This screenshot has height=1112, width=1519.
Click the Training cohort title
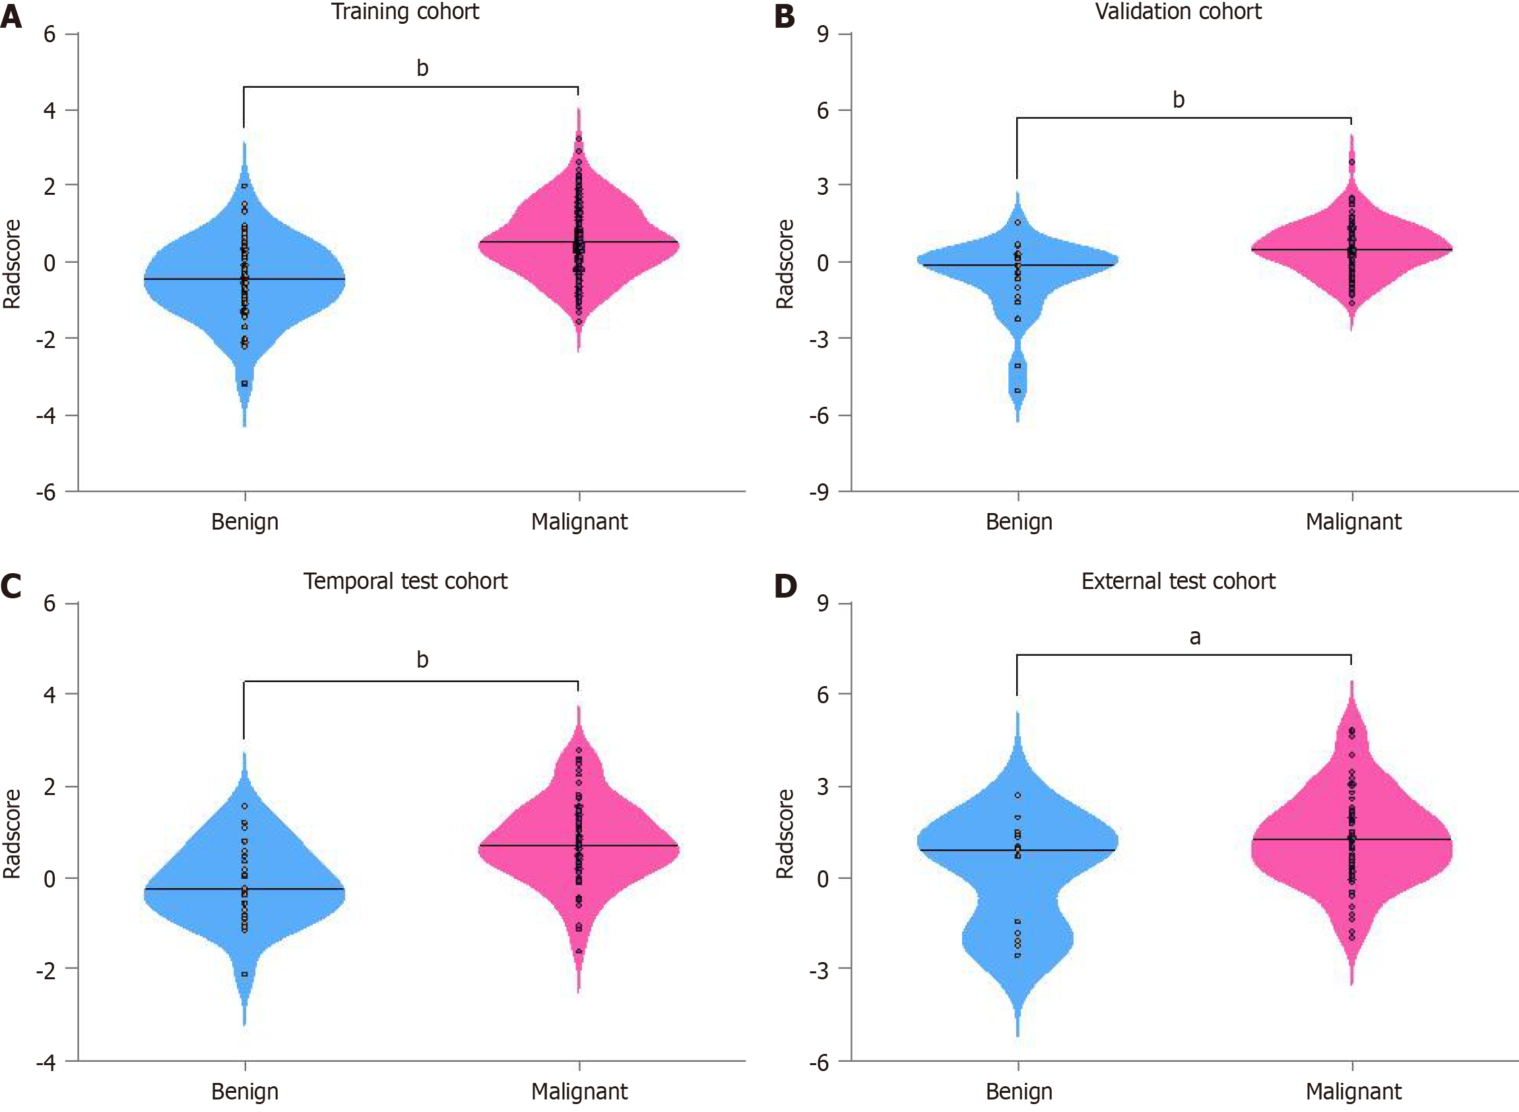click(405, 11)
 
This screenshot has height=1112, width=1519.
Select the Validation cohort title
click(1178, 11)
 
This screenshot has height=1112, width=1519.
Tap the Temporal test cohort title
click(405, 581)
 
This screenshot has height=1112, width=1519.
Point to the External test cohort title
click(1178, 581)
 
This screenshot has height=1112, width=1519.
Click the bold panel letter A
click(11, 16)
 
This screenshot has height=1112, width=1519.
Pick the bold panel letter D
click(785, 586)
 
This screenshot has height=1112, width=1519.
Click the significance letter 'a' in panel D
click(1195, 637)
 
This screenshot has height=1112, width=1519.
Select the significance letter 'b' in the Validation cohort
click(1178, 100)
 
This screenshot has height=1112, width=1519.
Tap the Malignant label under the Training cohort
click(579, 522)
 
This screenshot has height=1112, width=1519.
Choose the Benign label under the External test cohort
click(1019, 1091)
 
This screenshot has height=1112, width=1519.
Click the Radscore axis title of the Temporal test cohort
click(12, 833)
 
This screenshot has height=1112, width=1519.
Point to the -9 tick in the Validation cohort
click(819, 493)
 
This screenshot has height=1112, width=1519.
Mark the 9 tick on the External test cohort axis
click(823, 603)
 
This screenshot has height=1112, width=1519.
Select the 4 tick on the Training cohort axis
click(49, 110)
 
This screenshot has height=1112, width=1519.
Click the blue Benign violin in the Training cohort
click(202, 283)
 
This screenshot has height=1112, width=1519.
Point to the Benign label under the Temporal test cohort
click(245, 1091)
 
